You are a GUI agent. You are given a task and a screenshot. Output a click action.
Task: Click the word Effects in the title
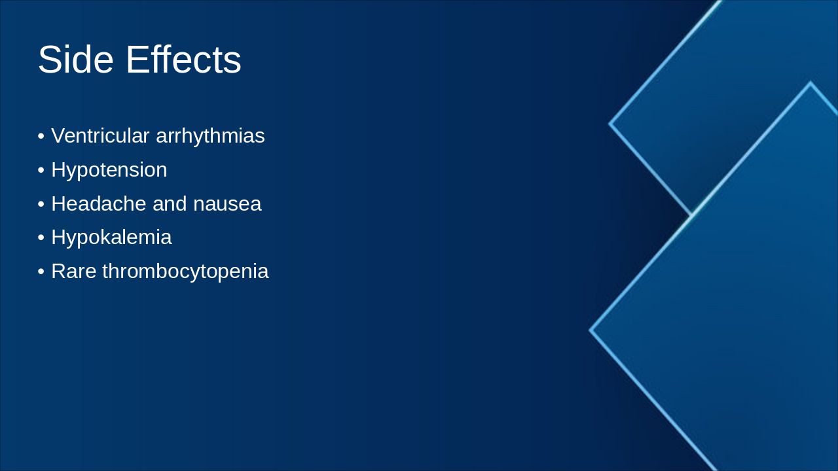tap(183, 60)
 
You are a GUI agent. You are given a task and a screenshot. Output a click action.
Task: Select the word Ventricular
tap(100, 136)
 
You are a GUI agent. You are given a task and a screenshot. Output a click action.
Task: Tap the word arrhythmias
tap(210, 136)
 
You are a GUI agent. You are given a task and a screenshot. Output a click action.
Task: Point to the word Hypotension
tap(109, 170)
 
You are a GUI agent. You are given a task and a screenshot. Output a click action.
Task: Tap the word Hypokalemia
tap(111, 237)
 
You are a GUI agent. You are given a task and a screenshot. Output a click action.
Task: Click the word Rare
tap(73, 271)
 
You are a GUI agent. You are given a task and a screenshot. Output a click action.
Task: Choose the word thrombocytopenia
tap(185, 271)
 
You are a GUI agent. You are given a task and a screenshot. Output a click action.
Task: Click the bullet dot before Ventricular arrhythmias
tap(41, 137)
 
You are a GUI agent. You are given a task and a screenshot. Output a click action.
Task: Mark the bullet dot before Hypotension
tap(41, 171)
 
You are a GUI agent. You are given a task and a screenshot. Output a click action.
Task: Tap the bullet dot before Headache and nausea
tap(41, 205)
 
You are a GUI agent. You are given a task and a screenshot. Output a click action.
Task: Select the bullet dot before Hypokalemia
tap(41, 238)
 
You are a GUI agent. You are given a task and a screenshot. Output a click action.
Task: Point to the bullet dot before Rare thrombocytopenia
tap(41, 272)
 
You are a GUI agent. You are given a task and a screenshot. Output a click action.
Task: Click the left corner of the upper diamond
tap(610, 123)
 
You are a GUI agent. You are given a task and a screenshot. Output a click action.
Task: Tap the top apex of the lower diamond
tap(811, 83)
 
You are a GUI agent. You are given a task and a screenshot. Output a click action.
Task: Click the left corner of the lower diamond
tap(591, 330)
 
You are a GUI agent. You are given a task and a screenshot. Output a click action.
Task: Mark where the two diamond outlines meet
tap(692, 215)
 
